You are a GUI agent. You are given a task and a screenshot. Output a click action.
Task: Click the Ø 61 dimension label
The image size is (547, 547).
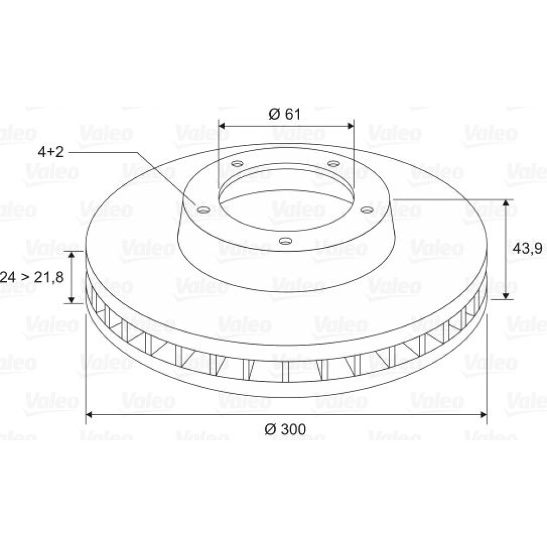[x=284, y=114]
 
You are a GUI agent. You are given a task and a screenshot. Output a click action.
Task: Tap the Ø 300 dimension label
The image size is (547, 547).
[x=285, y=429]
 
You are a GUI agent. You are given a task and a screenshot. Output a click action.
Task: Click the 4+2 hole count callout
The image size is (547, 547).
[x=51, y=152]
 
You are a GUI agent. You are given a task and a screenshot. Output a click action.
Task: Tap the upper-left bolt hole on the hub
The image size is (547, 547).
[x=237, y=163]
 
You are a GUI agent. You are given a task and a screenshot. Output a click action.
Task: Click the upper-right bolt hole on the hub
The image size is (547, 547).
[x=334, y=163]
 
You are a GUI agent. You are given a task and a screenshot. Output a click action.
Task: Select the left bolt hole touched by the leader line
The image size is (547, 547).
[x=203, y=210]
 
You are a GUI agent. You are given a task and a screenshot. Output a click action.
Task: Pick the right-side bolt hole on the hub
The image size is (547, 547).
[x=367, y=210]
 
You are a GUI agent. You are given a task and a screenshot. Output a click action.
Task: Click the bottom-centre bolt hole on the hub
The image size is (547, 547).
[x=286, y=241]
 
